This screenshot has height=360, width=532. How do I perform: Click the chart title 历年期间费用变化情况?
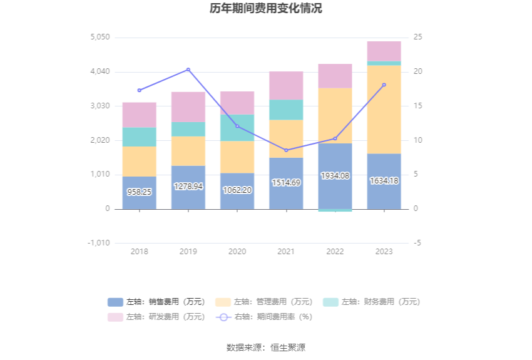[266, 9]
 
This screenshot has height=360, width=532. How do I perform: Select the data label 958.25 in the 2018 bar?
[139, 192]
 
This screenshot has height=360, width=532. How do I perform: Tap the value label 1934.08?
[335, 176]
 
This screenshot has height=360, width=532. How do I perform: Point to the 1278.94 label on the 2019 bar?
[188, 186]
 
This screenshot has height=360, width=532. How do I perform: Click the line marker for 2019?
[188, 69]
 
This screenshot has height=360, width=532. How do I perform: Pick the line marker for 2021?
[286, 150]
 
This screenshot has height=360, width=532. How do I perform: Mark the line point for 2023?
[384, 85]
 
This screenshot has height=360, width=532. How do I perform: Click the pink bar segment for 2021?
[286, 86]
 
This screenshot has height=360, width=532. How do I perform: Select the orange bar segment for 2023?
[384, 110]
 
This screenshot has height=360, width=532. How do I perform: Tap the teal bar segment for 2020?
[237, 128]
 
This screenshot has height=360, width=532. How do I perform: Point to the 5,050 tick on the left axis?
[100, 38]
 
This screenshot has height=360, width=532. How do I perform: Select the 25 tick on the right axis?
[417, 38]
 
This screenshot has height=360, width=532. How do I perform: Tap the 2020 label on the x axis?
[237, 252]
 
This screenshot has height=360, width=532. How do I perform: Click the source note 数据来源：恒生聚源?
[266, 347]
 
